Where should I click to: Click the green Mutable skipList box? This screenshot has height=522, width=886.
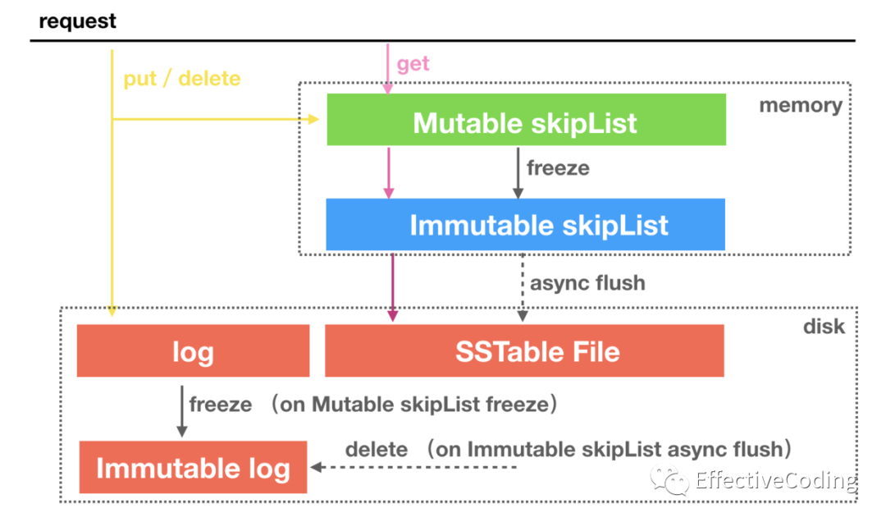point(526,119)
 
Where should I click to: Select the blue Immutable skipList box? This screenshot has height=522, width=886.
point(526,225)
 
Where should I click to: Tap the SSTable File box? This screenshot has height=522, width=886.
point(524,350)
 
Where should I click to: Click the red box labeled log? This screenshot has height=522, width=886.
point(194,350)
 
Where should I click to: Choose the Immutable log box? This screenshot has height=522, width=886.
point(194,467)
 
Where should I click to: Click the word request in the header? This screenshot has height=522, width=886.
point(77,21)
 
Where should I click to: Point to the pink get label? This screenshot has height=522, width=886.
point(413,64)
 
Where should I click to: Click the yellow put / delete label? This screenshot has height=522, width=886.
point(182,78)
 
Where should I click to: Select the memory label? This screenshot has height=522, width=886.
point(801,105)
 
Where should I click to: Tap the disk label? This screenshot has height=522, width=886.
point(824,327)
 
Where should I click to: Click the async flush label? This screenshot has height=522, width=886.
point(587,283)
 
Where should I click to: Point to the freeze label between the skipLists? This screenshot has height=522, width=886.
point(559,168)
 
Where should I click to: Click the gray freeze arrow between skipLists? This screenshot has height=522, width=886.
point(518,173)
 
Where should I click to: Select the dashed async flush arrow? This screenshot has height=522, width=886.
point(523,287)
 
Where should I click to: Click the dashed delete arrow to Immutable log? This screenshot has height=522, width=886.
point(413,467)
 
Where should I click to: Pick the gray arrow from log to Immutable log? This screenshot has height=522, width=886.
point(182,411)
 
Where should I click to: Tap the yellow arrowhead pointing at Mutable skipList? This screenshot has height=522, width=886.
point(313,119)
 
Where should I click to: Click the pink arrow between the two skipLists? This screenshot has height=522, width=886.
point(389,173)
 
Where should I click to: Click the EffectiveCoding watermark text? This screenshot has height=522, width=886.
point(776,480)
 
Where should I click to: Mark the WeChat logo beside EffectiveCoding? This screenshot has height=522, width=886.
point(669,480)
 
